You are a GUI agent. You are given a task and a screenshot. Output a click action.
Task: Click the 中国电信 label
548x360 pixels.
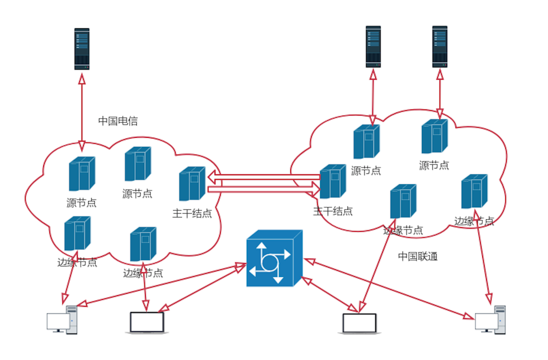tap(118, 121)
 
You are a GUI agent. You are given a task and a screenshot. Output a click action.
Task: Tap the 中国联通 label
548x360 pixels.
tap(418, 256)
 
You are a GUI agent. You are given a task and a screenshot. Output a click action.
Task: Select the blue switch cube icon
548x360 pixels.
tap(274, 259)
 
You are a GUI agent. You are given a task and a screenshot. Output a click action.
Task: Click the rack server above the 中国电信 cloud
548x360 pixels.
tap(82, 49)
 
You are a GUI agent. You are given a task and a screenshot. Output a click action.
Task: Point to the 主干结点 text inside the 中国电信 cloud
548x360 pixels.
tap(192, 214)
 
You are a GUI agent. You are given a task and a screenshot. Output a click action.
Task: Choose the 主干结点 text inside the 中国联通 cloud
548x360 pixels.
tap(333, 211)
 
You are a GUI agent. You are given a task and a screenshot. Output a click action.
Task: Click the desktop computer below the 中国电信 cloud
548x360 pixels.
tap(62, 320)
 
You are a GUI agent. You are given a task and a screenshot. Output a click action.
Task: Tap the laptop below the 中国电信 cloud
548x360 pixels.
tap(147, 322)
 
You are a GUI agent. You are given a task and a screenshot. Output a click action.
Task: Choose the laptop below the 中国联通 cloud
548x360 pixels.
tap(359, 323)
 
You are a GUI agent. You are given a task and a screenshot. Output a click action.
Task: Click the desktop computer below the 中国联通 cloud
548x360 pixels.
tap(490, 320)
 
